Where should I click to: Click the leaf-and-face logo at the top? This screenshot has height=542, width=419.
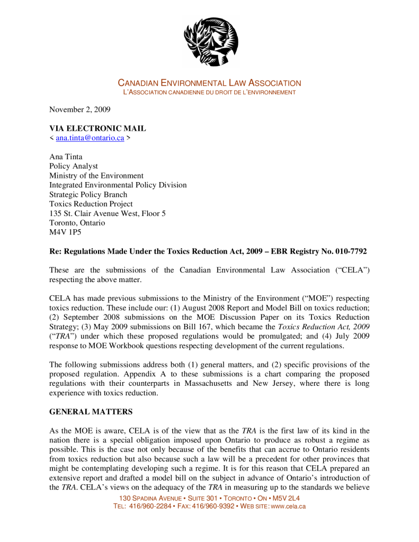pyautogui.click(x=210, y=41)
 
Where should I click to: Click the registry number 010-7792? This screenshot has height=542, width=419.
pyautogui.click(x=347, y=251)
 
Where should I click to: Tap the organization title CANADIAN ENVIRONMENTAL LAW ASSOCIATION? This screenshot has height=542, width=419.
pyautogui.click(x=209, y=83)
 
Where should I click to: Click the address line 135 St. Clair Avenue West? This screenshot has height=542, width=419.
pyautogui.click(x=108, y=213)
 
